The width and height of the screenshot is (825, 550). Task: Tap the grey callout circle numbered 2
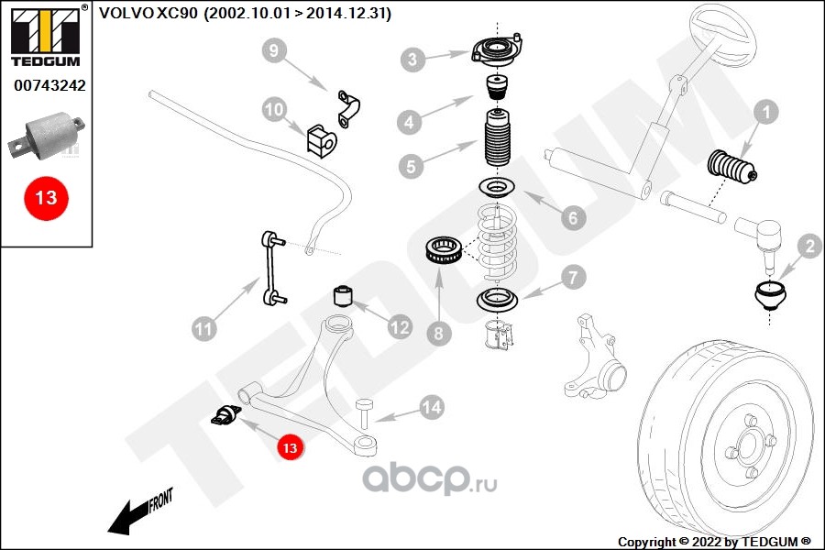click(808, 245)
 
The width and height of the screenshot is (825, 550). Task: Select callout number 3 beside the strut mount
click(413, 60)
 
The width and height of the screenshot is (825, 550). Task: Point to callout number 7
click(571, 277)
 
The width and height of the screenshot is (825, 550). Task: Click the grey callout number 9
click(273, 51)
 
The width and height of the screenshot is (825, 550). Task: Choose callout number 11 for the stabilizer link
click(204, 326)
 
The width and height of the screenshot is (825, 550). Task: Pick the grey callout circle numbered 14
click(431, 406)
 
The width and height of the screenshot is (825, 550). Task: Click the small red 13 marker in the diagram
click(290, 448)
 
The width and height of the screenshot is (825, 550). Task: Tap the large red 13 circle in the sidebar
click(46, 197)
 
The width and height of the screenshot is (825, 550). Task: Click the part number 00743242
click(49, 86)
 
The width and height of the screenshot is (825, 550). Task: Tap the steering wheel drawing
click(725, 37)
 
